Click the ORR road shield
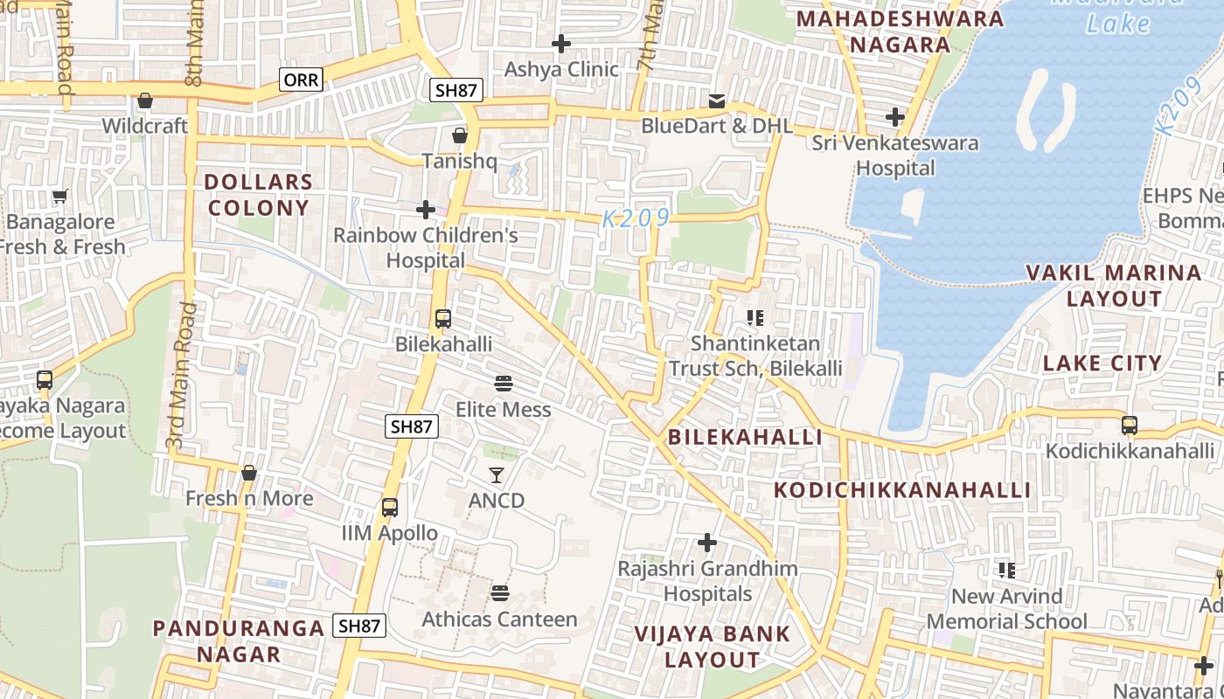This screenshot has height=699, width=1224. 302,80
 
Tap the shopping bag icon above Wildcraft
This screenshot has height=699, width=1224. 145,101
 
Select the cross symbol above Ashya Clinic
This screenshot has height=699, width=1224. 561,44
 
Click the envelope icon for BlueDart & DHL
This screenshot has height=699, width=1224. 717,101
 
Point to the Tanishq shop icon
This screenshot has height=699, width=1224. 459,136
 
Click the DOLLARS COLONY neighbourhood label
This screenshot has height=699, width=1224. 258,195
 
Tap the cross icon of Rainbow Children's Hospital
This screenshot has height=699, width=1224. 426,210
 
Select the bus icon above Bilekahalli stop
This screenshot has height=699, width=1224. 443,319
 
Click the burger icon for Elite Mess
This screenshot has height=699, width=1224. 503,384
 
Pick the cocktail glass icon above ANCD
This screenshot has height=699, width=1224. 497,475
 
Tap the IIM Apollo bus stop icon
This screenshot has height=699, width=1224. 390,508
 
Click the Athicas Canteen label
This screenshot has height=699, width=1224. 500,619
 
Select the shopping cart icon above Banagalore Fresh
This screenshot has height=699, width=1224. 59,197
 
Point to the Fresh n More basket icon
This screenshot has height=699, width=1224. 249,474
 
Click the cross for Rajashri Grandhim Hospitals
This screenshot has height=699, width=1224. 706,543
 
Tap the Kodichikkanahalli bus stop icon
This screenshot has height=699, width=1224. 1130,426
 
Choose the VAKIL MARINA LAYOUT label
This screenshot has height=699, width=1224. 1114,286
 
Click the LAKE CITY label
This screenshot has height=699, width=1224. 1102,363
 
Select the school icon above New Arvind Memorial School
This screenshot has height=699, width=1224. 1006,571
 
